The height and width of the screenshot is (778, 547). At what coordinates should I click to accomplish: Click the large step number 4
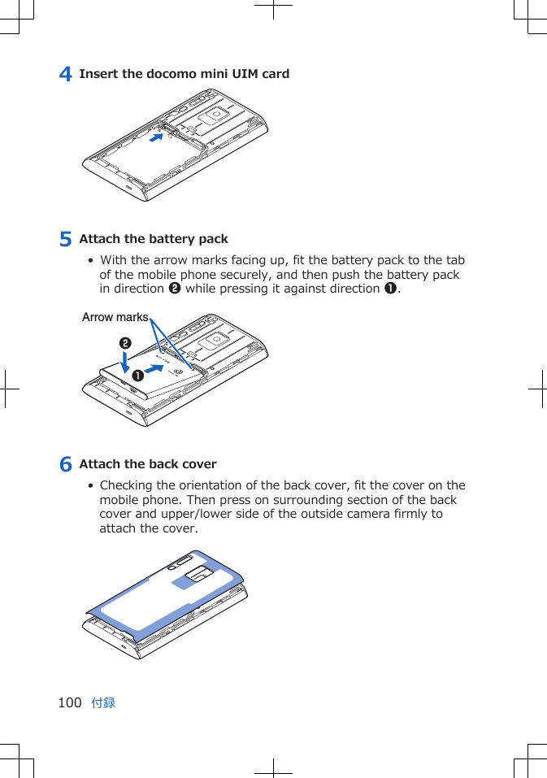(67, 74)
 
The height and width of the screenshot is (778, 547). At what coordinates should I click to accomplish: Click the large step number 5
(67, 239)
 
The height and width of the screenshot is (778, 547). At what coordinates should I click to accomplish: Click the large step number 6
(67, 464)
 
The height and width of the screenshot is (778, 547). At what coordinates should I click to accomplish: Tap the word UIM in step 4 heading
(245, 74)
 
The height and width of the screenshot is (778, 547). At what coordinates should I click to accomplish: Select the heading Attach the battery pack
(154, 239)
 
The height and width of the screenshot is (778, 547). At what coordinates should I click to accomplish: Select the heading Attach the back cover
(148, 464)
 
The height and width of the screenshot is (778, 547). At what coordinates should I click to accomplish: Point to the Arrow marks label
(115, 317)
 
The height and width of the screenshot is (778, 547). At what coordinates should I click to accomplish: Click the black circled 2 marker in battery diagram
(124, 344)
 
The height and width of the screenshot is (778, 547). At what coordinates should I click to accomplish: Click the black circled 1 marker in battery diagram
(139, 376)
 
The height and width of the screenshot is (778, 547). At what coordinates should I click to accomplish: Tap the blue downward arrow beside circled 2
(124, 363)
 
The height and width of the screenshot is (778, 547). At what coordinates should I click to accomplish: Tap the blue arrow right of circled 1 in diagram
(163, 370)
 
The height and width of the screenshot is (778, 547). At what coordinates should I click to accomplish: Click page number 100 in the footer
(70, 702)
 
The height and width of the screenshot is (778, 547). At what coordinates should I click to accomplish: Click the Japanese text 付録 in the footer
(103, 702)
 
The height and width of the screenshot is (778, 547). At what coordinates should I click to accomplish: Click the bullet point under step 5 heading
(91, 261)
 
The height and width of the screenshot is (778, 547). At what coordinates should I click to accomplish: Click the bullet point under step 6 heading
(91, 486)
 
